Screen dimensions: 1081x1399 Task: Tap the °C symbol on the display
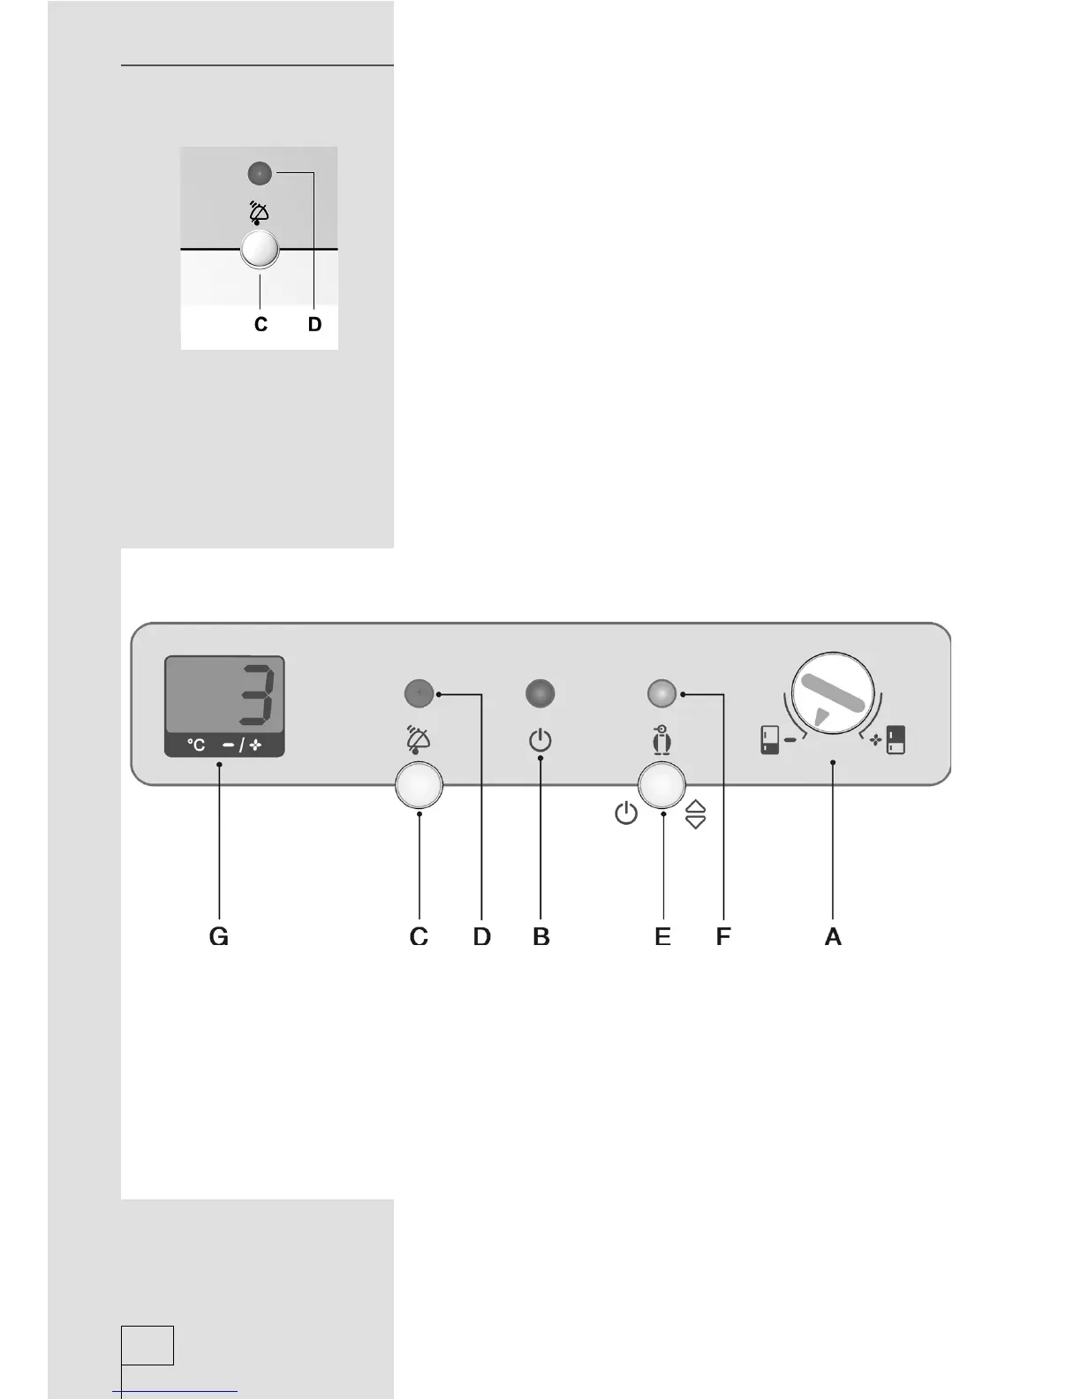tap(196, 745)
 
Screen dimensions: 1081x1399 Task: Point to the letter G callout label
tap(219, 936)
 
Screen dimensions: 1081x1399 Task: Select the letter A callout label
tap(833, 936)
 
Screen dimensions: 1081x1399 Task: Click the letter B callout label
tap(541, 936)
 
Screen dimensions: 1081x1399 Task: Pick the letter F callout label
tap(723, 936)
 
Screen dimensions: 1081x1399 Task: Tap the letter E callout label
tap(662, 936)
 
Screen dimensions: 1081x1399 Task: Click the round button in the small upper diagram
tap(260, 250)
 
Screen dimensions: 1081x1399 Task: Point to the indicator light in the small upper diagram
tap(260, 174)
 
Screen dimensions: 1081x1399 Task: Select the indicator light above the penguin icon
tap(661, 694)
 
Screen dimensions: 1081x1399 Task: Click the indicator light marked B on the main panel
tap(540, 694)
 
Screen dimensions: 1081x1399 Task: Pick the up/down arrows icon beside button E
tap(696, 813)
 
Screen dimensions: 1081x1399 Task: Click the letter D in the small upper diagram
tap(314, 325)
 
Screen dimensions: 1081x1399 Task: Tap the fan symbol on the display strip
tap(256, 745)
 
